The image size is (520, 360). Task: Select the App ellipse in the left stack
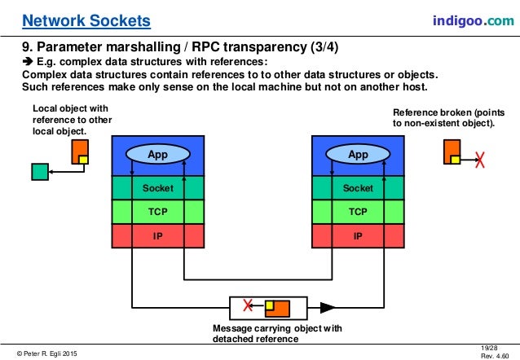(157, 153)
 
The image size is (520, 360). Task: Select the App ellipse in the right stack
(358, 153)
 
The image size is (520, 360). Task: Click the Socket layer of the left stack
(157, 188)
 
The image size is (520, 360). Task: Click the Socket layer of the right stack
(358, 188)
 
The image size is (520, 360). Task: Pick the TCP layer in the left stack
(157, 212)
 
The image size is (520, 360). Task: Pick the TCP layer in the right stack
(358, 212)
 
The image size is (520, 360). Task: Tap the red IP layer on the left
(157, 235)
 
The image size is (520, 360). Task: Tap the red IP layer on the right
(358, 235)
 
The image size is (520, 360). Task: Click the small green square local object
(39, 172)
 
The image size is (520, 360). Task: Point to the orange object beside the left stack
(80, 152)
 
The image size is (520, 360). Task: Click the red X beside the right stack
(480, 160)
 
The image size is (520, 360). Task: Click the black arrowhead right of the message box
(328, 308)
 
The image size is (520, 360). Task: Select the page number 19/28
(491, 347)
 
